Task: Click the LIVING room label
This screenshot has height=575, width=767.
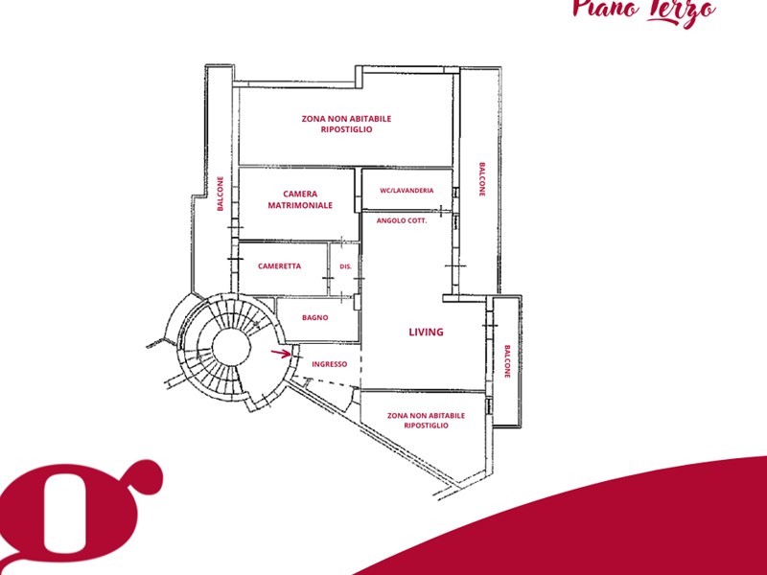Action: [x=426, y=332]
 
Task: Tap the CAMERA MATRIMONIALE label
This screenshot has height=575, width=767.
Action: [x=300, y=199]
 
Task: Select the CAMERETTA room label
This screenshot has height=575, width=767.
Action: [x=279, y=266]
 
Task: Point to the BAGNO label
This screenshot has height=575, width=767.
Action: [x=315, y=317]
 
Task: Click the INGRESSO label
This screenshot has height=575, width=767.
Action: [x=330, y=364]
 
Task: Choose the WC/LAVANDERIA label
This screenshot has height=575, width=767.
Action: [x=407, y=190]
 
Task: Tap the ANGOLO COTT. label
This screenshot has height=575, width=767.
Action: [x=402, y=220]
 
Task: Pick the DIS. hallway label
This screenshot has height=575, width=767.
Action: [x=346, y=266]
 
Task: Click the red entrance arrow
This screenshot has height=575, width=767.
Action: [x=281, y=353]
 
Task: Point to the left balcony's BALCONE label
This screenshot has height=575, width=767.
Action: [x=221, y=194]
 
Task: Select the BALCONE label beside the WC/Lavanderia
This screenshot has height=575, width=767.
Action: [x=482, y=179]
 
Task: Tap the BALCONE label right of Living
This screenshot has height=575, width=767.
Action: [x=507, y=362]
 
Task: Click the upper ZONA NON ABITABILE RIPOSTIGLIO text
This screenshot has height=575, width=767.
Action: [x=346, y=124]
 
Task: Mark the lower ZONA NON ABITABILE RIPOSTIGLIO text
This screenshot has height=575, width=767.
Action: [x=426, y=421]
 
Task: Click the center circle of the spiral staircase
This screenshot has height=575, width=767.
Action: [x=231, y=347]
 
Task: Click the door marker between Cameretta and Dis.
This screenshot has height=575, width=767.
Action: [x=328, y=278]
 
